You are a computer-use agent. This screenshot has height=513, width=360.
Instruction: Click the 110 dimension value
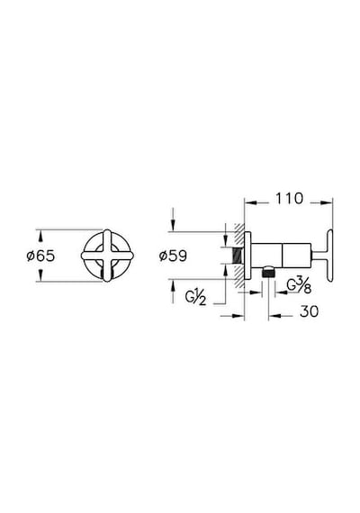(289, 199)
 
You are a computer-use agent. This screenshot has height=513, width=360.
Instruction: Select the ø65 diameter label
(40, 256)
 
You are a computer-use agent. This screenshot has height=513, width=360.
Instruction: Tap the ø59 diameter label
(173, 256)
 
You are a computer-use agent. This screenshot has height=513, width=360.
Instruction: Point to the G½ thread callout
(195, 298)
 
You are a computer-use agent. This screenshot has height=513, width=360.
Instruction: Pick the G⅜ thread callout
(299, 285)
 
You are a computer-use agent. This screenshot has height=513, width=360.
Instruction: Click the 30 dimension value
(309, 311)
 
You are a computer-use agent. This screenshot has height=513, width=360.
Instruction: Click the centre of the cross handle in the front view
(107, 256)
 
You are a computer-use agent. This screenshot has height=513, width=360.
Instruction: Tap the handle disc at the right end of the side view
(329, 256)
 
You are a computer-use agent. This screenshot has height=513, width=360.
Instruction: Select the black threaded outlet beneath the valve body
(268, 272)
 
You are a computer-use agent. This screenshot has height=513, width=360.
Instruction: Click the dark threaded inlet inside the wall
(238, 256)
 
